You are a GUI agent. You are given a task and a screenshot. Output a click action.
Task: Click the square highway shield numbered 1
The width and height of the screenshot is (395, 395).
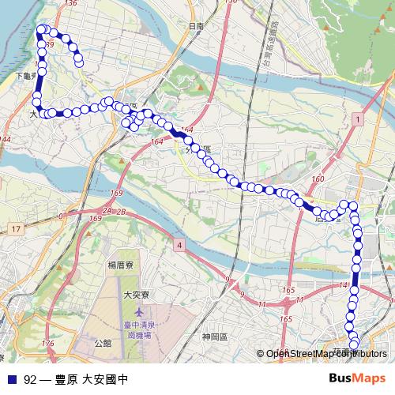pyautogui.click(x=358, y=118)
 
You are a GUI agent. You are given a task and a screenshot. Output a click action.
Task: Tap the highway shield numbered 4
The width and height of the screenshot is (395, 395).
pyautogui.click(x=179, y=246)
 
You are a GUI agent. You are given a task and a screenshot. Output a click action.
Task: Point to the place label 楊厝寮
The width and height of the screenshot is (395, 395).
pyautogui.click(x=122, y=266)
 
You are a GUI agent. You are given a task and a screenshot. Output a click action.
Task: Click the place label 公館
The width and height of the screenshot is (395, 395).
pyautogui.click(x=102, y=344)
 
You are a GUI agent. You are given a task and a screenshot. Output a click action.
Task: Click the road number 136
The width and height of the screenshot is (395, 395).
pyautogui.click(x=71, y=4)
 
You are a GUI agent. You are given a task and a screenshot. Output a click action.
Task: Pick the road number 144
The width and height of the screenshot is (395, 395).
pyautogui.click(x=6, y=140)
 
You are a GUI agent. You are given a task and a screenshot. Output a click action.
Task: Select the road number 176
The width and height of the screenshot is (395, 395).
pyautogui.click(x=49, y=344)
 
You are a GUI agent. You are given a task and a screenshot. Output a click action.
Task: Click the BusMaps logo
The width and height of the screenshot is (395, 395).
pyautogui.click(x=359, y=378)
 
